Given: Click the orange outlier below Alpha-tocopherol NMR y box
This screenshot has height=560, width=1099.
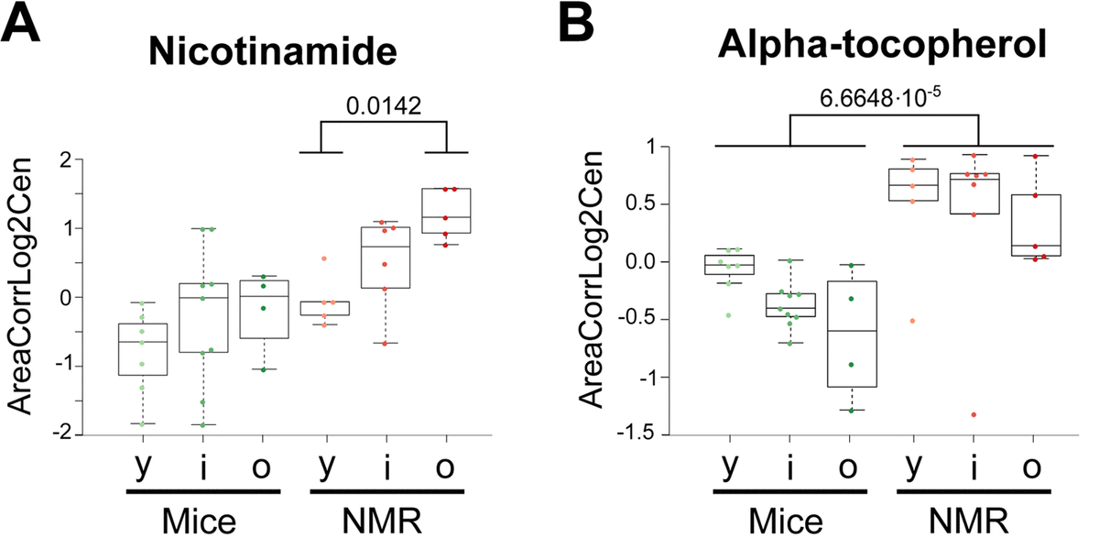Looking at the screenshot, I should [x=912, y=321].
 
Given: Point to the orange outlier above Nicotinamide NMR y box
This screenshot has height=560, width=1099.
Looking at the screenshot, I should [x=322, y=258].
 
